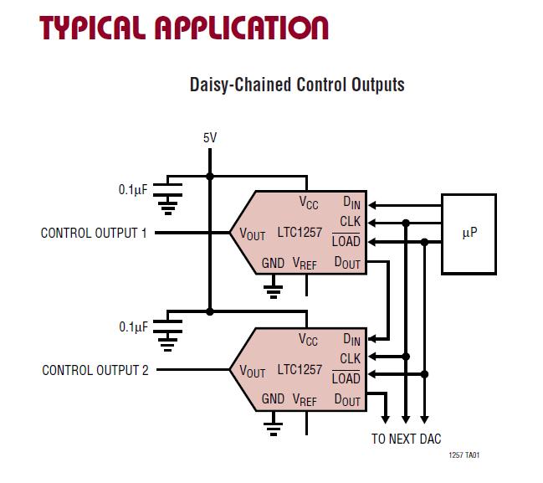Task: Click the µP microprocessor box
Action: pos(469,234)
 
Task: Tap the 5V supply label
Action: pos(209,137)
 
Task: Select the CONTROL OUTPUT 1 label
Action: pos(94,233)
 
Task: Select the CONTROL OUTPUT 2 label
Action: pos(95,369)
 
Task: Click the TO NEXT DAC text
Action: pos(406,439)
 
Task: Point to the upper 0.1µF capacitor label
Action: pos(132,190)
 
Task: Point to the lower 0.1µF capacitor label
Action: pos(132,326)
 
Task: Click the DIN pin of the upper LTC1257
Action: pos(351,203)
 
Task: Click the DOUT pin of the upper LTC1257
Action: pos(347,263)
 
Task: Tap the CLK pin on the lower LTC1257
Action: pos(350,358)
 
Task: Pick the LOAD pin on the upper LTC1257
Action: pos(346,242)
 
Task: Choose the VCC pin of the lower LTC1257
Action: pos(309,340)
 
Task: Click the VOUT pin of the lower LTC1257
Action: pos(252,371)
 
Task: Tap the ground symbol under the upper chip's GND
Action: pos(272,290)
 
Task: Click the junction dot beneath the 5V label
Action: pos(209,176)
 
